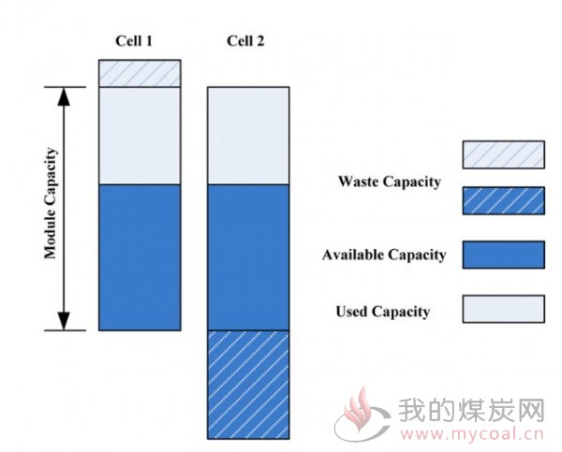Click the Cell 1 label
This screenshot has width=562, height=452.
(x=134, y=41)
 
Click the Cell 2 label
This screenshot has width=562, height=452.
(x=245, y=41)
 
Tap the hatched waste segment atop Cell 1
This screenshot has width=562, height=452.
(x=140, y=73)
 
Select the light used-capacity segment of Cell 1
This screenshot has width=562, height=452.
(x=140, y=136)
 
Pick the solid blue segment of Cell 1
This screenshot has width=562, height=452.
(x=140, y=257)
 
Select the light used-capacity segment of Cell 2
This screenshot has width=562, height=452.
(x=248, y=136)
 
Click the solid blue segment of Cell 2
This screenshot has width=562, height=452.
(x=248, y=257)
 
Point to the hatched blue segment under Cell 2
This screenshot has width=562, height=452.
(x=248, y=385)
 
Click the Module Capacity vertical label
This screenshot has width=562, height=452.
(x=51, y=203)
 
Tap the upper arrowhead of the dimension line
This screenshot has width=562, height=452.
(x=64, y=96)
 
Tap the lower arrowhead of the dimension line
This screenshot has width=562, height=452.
(x=64, y=321)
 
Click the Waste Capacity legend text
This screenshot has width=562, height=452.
(x=390, y=182)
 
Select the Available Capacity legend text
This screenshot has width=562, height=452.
(x=384, y=255)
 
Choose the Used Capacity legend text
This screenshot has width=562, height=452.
(x=383, y=312)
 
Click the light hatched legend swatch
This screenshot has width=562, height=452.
(x=504, y=154)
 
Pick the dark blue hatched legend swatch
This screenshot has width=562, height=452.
(x=504, y=201)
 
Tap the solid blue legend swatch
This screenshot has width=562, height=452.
(x=504, y=255)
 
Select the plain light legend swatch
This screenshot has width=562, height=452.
(x=504, y=309)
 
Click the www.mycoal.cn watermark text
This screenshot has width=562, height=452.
(x=472, y=434)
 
